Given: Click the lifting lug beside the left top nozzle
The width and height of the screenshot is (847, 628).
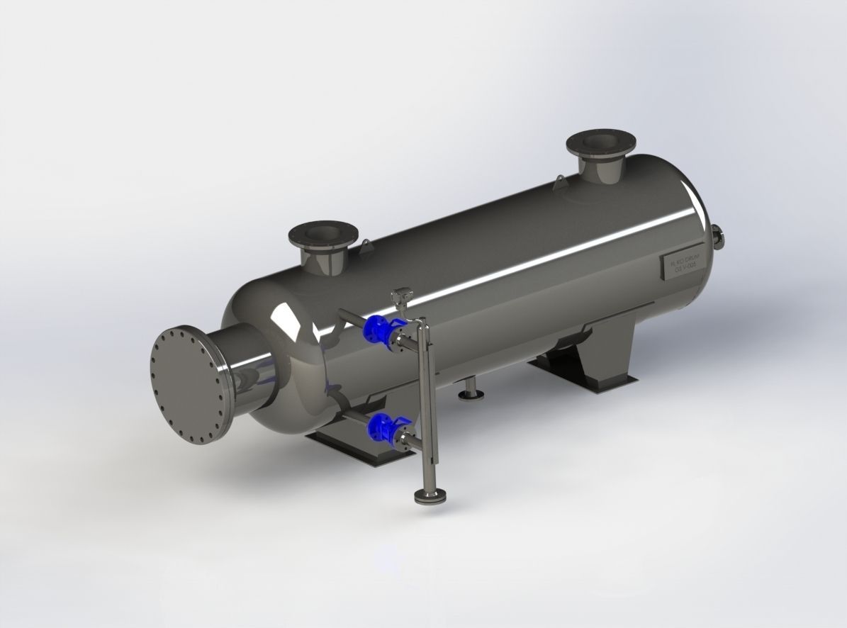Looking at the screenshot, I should (x=365, y=246).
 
